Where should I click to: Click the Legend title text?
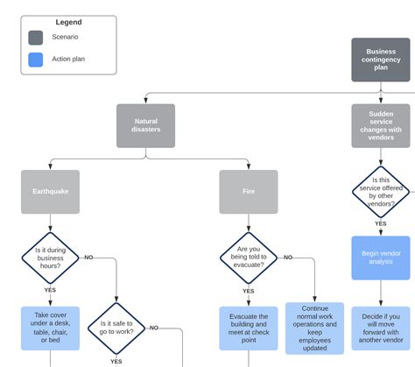(x=68, y=22)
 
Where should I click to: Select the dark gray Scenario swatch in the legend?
(x=36, y=38)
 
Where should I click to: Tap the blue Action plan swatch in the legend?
(x=36, y=60)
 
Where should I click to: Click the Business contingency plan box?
(x=380, y=60)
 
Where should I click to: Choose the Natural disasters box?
(x=145, y=126)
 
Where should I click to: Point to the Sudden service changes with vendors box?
(x=380, y=126)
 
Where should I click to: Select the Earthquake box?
(x=50, y=192)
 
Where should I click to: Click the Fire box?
(x=249, y=192)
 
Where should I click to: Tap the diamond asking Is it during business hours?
(x=50, y=258)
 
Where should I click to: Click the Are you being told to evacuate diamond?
(x=249, y=258)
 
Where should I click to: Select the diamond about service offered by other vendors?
(x=380, y=192)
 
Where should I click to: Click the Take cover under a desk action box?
(x=50, y=328)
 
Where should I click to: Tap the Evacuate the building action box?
(x=249, y=328)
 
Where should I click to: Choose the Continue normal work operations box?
(x=314, y=328)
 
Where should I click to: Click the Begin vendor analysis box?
(x=380, y=258)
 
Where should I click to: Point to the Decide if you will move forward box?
(x=380, y=328)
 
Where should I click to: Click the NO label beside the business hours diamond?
(x=88, y=258)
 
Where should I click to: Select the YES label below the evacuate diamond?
(x=249, y=291)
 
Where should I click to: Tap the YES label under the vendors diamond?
(x=380, y=224)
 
